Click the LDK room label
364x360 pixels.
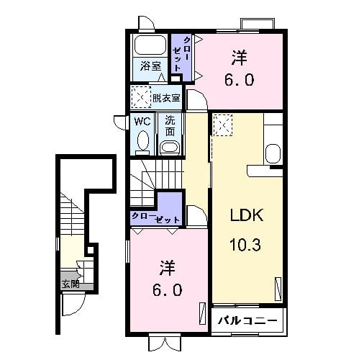[247, 215]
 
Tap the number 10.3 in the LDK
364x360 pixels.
[245, 245]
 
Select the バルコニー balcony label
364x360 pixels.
[247, 320]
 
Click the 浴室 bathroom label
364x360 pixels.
[150, 66]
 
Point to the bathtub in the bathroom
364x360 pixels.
[150, 45]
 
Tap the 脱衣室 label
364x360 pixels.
[166, 98]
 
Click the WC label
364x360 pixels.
[142, 122]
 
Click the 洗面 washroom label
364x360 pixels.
[170, 126]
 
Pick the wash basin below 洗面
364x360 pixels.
[170, 148]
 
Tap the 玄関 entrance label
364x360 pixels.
[70, 284]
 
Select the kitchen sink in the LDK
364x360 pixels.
[273, 154]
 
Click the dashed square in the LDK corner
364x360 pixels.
[223, 125]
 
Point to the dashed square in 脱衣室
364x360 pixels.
[141, 97]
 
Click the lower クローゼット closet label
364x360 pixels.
[155, 217]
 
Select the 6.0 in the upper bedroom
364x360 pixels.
[239, 80]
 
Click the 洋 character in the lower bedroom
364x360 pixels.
[167, 268]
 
